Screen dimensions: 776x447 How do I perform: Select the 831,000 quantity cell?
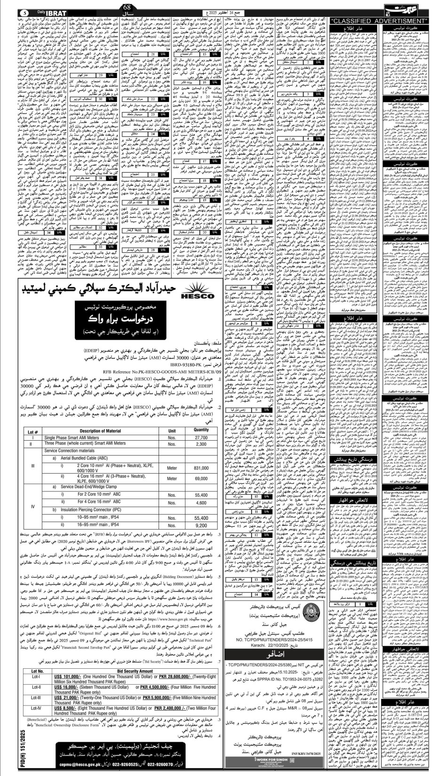201,468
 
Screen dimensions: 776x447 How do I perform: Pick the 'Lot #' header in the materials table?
32,431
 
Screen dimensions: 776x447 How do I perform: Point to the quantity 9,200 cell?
201,525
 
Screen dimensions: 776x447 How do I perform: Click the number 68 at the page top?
126,5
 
